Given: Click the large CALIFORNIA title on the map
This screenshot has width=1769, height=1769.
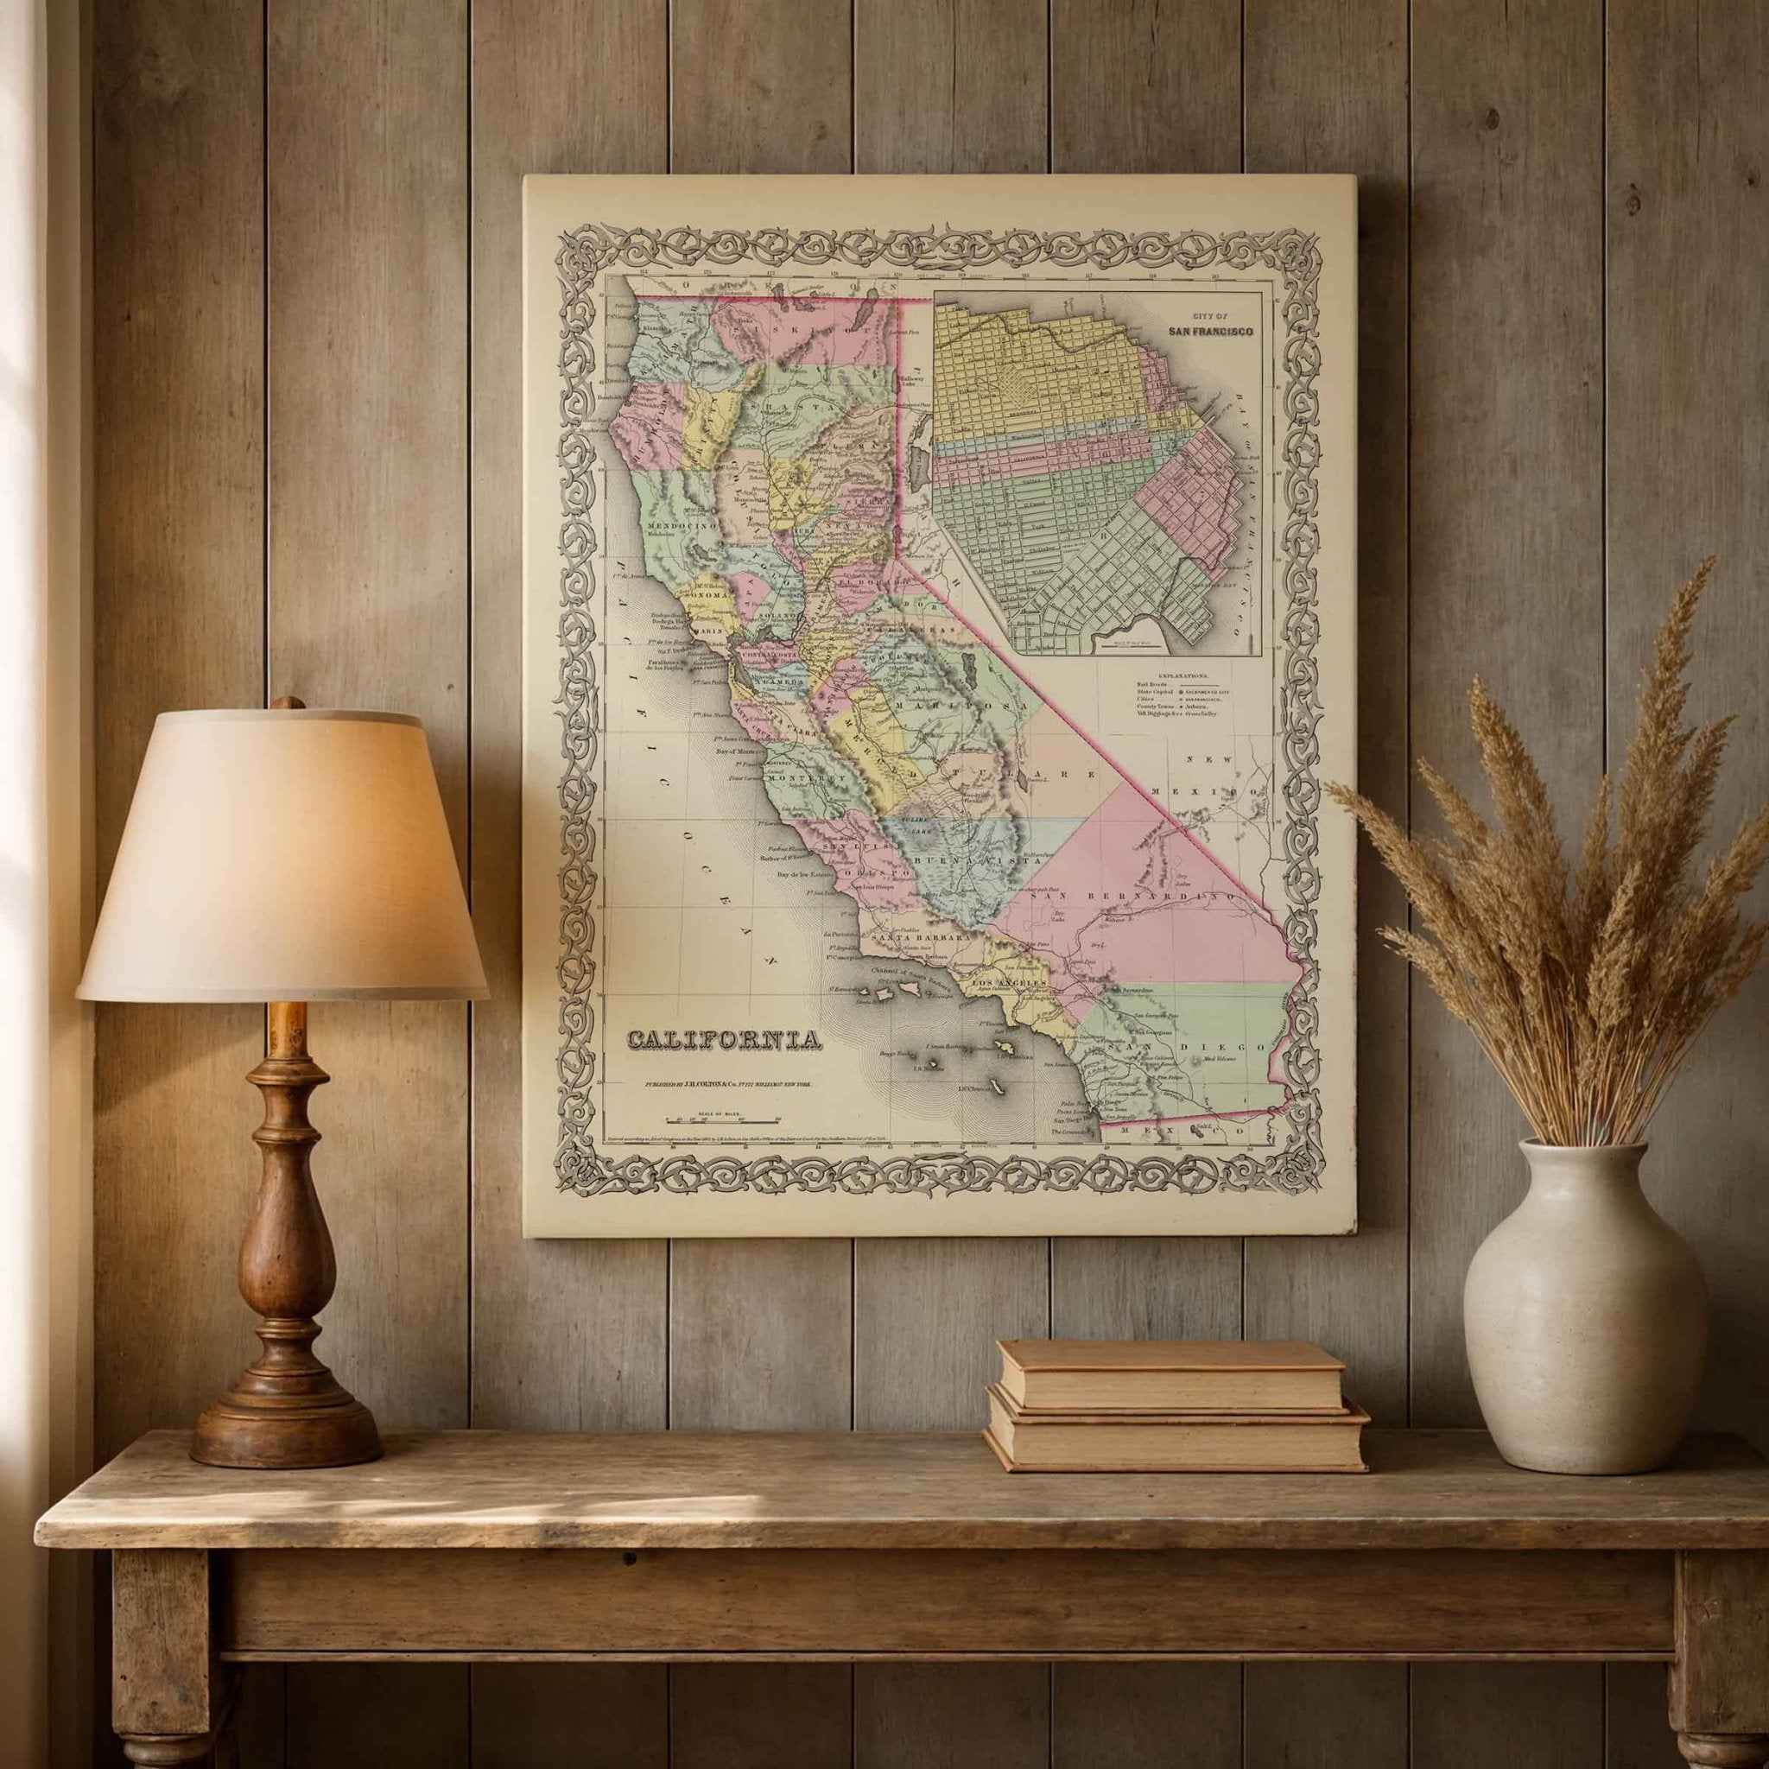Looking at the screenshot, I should (722, 1038).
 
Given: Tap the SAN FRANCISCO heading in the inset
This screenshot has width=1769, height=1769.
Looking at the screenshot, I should (1209, 333).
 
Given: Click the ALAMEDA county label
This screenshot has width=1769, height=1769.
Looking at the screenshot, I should (786, 682).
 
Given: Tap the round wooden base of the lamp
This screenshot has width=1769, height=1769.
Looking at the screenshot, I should (285, 1423).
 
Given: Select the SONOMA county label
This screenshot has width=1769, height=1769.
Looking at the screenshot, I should (712, 595).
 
